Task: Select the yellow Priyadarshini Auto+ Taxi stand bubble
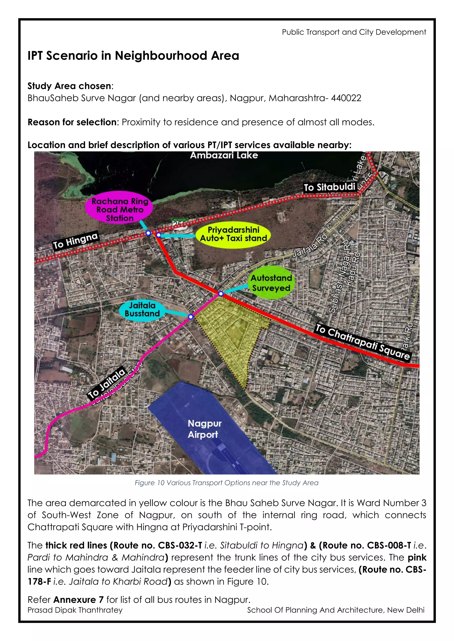coord(233,234)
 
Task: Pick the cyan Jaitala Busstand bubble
coord(142,309)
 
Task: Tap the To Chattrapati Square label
coord(363,342)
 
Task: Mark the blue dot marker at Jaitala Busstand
coord(191,317)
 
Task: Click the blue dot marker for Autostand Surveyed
coord(221,294)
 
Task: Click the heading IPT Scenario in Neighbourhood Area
coord(133,56)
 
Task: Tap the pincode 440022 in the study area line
coord(346,98)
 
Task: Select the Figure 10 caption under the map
coord(226,483)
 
